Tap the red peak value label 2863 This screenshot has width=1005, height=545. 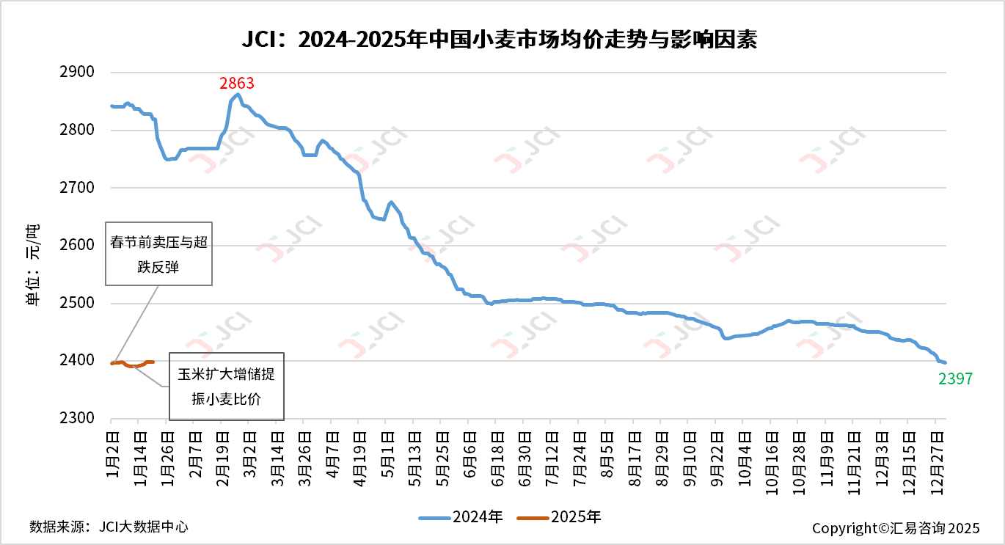tap(237, 83)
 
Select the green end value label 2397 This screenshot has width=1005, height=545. tap(955, 378)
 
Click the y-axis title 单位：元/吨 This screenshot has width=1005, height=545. tap(34, 264)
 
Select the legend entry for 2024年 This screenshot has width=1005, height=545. tap(461, 517)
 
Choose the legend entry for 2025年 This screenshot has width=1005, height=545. tap(559, 517)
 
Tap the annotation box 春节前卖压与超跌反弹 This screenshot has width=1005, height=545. tap(158, 254)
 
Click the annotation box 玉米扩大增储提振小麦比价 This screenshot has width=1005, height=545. tap(226, 387)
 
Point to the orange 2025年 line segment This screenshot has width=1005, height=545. tap(132, 364)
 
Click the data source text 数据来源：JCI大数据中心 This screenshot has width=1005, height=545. tap(109, 526)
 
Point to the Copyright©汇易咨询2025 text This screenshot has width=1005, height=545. tap(896, 528)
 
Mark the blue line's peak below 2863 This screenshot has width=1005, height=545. tap(237, 95)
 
